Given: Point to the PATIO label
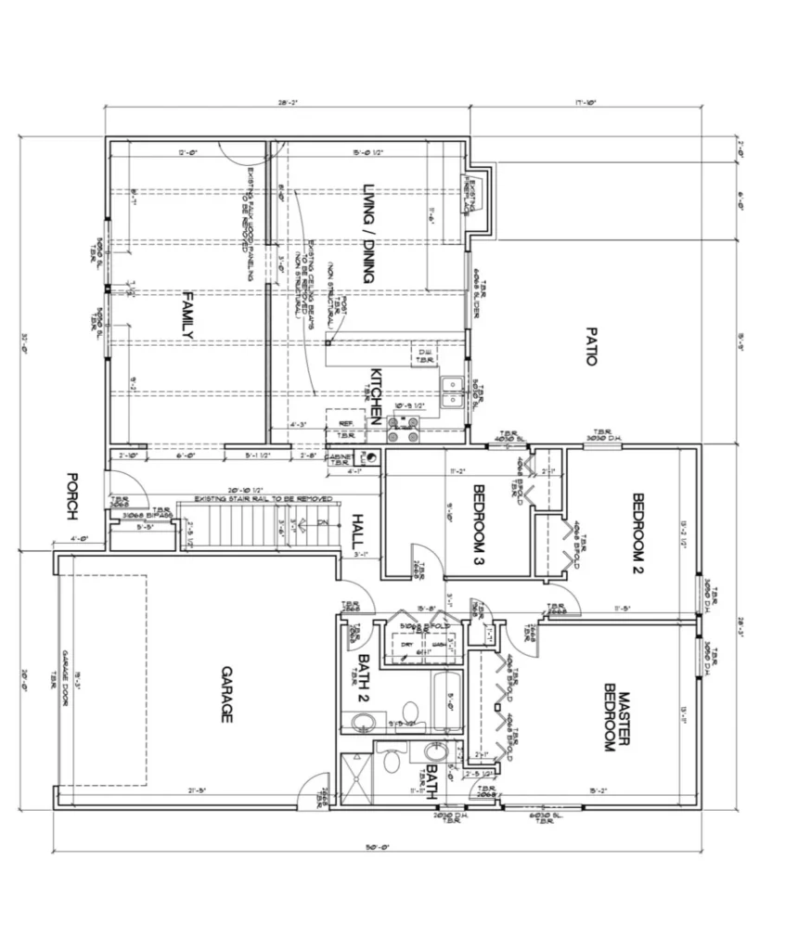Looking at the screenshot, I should [590, 345].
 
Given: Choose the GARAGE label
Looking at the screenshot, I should [225, 694].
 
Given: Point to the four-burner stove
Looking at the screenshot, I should [404, 428].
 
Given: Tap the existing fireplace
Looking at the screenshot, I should [479, 198].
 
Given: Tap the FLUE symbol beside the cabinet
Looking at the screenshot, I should [373, 456].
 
